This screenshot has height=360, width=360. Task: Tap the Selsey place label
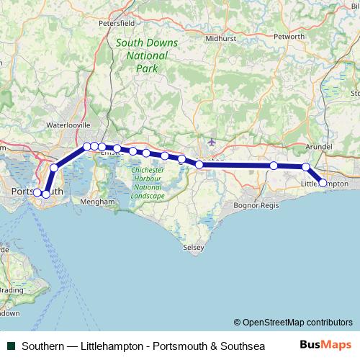(194, 247)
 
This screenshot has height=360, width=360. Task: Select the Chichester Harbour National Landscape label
(148, 183)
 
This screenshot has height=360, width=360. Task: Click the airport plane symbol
(210, 141)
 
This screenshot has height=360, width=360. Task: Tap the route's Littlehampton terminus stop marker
(323, 184)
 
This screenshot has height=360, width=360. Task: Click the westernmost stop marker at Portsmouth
(37, 193)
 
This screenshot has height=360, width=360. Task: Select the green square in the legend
(9, 345)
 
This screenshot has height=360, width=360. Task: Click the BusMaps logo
(325, 345)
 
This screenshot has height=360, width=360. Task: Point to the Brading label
(10, 291)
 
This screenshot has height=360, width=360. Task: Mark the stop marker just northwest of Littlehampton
(306, 167)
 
